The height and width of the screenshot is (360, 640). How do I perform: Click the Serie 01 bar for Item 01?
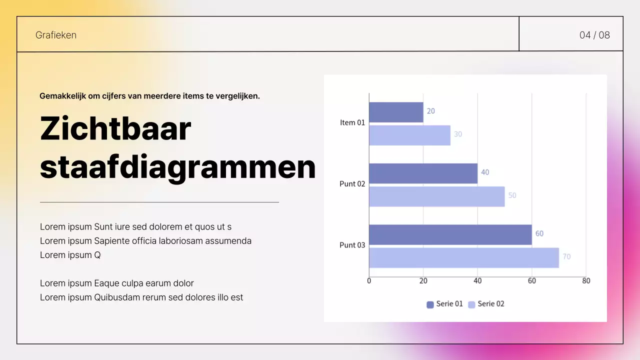tap(396, 112)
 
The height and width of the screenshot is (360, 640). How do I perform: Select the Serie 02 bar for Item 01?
tap(409, 135)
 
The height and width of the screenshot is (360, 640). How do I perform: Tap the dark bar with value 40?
tap(423, 173)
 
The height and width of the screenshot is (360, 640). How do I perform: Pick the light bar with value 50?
tap(436, 196)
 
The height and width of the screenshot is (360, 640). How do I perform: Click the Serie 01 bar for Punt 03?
tap(450, 234)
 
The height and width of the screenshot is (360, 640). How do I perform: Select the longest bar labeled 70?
tap(463, 257)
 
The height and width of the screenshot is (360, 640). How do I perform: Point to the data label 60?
tap(539, 233)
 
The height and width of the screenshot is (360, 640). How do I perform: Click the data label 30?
tap(457, 134)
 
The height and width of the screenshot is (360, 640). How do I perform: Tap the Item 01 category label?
tap(352, 122)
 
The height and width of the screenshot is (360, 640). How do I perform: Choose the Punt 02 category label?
tap(352, 183)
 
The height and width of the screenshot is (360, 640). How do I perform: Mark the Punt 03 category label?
tap(352, 245)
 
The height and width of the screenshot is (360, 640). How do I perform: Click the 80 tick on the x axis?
tap(586, 281)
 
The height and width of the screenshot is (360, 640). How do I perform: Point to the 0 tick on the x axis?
tap(369, 281)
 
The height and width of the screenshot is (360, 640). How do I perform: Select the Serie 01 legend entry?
tap(444, 304)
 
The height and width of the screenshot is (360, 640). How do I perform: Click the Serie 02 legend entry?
tap(486, 304)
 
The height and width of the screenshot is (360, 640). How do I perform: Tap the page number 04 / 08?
tap(594, 35)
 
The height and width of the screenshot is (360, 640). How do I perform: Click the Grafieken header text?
tap(56, 35)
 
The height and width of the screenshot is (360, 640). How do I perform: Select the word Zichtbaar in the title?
tap(115, 128)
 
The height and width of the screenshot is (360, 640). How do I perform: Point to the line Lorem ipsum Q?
tap(70, 255)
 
